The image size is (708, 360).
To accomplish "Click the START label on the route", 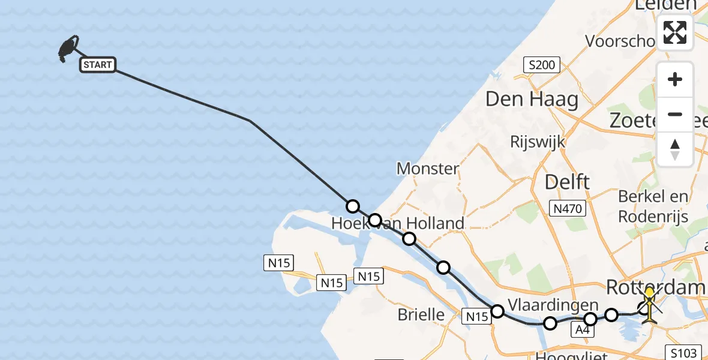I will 98,65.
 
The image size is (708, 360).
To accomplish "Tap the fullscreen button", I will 675,32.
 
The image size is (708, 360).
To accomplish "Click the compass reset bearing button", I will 675,149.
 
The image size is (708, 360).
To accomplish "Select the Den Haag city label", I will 532,99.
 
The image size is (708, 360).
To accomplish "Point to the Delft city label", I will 567,181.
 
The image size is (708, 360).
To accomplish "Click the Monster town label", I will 428,169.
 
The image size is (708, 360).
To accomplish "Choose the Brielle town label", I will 421,314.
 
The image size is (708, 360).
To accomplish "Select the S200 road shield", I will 541,65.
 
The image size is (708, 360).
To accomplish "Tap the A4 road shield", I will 582,329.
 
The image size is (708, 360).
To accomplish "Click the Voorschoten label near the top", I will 620,41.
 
